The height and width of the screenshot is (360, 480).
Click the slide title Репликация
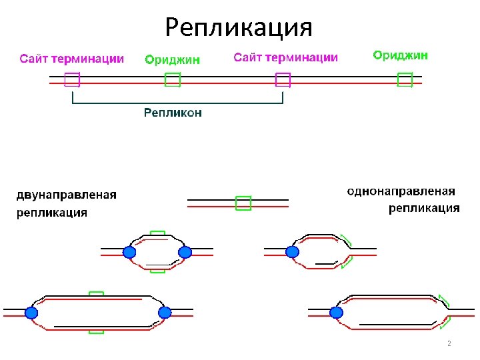tap(239, 27)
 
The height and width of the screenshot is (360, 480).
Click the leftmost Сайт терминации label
tap(71, 59)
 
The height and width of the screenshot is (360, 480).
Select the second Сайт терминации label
tap(285, 58)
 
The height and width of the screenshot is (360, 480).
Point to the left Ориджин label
tap(173, 60)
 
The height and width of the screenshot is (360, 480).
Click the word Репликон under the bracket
tap(173, 113)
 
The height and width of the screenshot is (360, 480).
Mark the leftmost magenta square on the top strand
tap(72, 80)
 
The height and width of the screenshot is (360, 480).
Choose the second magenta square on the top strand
tap(283, 80)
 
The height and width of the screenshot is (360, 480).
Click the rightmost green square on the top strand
tap(405, 80)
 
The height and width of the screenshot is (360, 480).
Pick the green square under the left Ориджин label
tap(173, 80)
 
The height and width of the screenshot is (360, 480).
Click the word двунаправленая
tap(67, 195)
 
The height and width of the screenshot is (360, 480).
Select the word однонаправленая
tap(401, 191)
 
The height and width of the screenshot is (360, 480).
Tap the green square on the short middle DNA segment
tap(243, 203)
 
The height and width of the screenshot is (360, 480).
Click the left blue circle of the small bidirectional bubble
tap(129, 252)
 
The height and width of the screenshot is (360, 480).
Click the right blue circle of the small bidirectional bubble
tap(185, 252)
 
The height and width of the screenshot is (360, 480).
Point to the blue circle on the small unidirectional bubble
tap(292, 252)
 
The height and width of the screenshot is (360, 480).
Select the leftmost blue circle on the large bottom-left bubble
tap(31, 313)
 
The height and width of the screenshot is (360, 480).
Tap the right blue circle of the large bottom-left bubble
tap(165, 313)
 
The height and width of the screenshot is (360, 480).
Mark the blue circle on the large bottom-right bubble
tap(336, 313)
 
